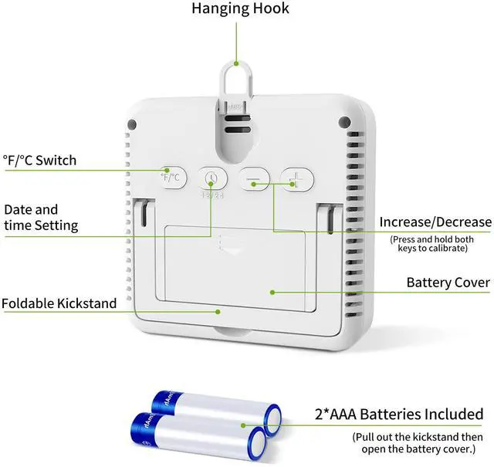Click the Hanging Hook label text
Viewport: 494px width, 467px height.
[240, 9]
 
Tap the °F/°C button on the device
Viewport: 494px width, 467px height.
[174, 178]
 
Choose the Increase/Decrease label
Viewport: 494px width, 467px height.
[435, 222]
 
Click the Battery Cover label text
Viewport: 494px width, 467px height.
[448, 283]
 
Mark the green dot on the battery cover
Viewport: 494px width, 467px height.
[271, 292]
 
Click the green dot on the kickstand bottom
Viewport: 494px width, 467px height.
[218, 311]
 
